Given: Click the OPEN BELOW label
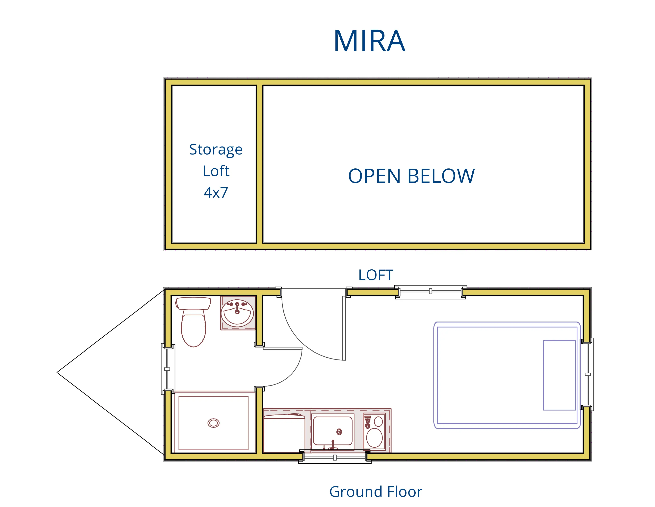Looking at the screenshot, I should (411, 176).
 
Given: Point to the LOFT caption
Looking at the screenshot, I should (376, 275).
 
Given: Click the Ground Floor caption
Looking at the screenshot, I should (376, 492).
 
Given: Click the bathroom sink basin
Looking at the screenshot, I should (237, 314).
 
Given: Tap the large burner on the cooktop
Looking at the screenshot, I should (374, 438).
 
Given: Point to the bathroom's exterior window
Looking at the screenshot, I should (167, 369).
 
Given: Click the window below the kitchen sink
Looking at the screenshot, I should (335, 458).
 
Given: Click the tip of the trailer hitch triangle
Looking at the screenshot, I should (58, 372).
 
